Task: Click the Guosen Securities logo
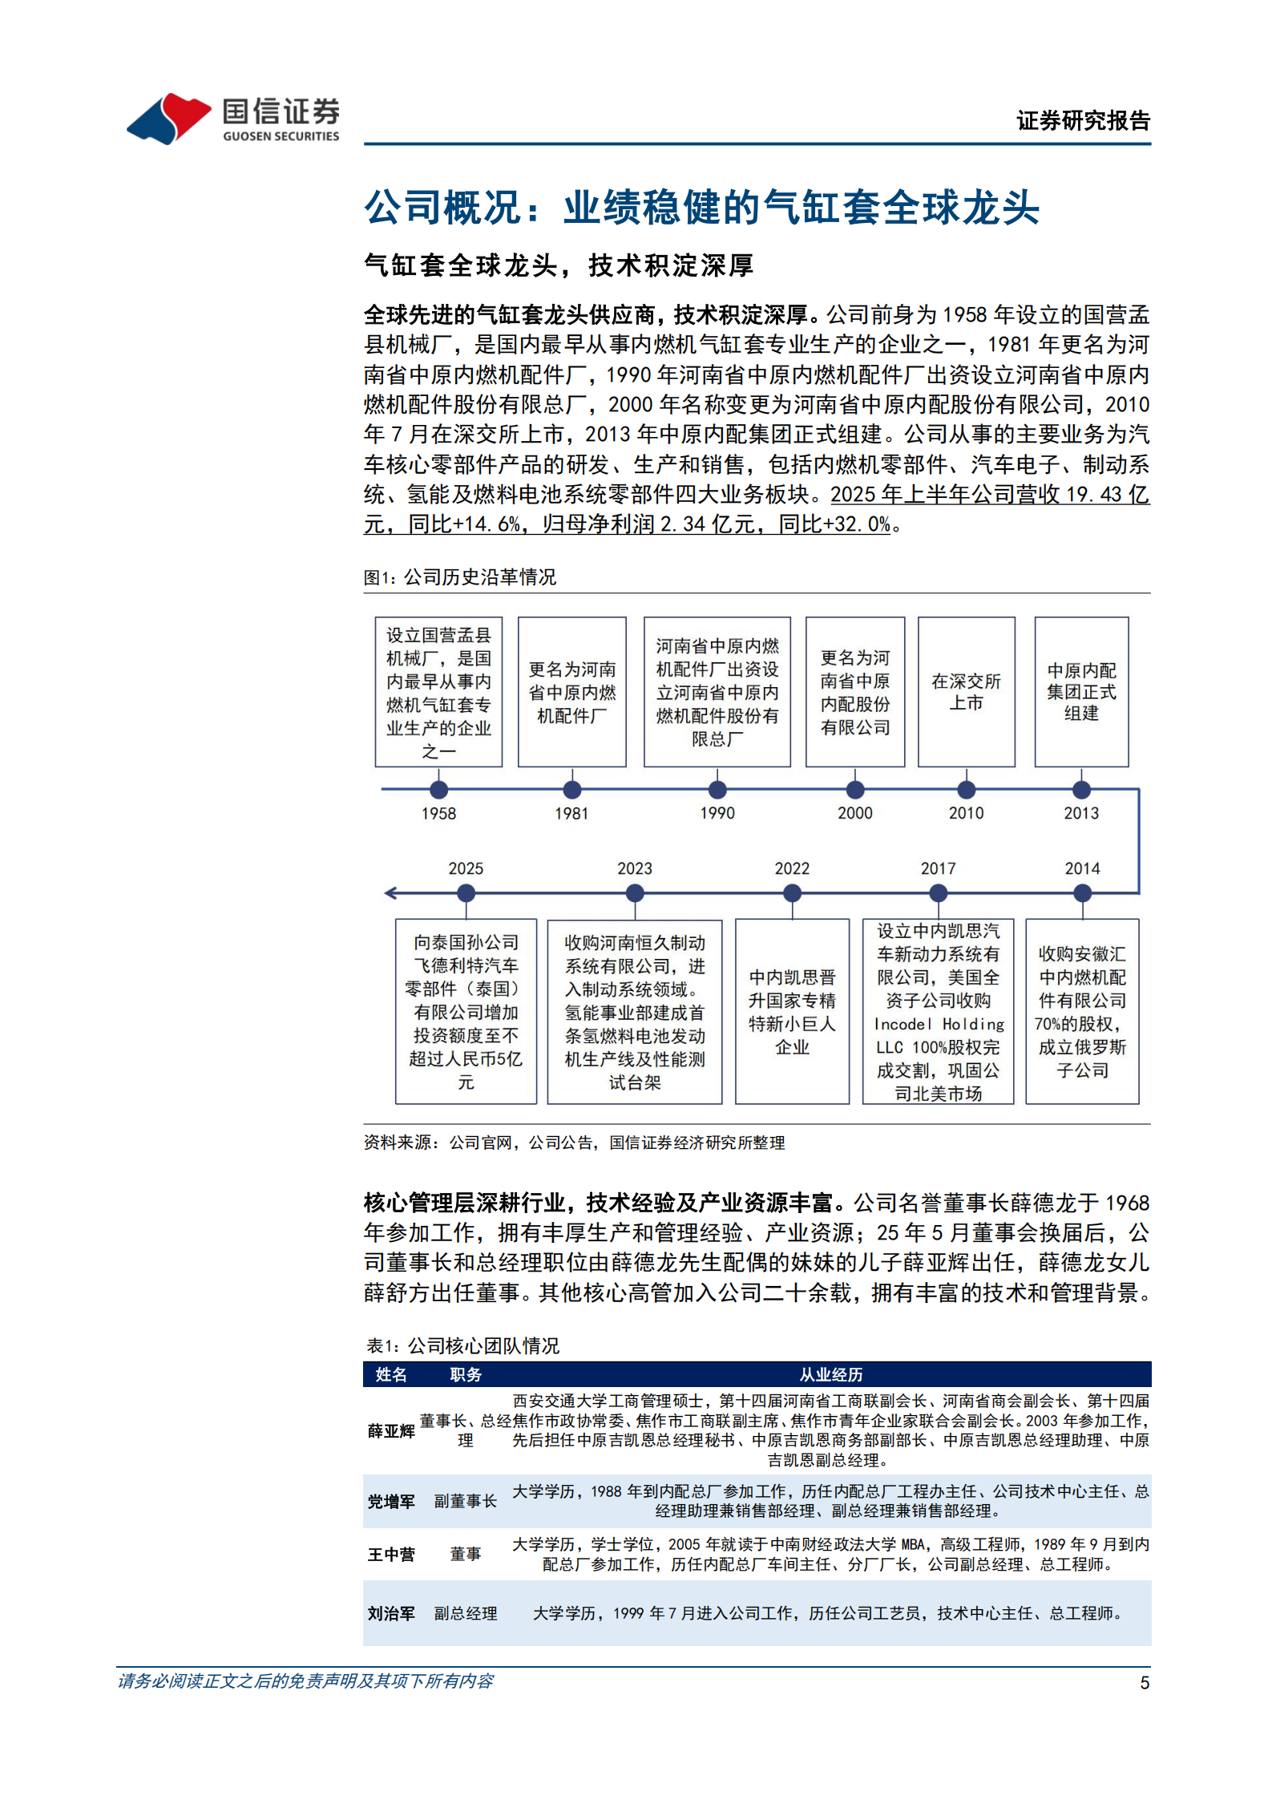pyautogui.click(x=232, y=119)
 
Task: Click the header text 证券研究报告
pyautogui.click(x=1083, y=121)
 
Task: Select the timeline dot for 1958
pyautogui.click(x=438, y=790)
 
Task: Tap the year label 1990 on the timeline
pyautogui.click(x=717, y=813)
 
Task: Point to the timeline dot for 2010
pyautogui.click(x=967, y=790)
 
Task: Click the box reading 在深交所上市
pyautogui.click(x=966, y=691)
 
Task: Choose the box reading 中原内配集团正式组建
pyautogui.click(x=1081, y=691)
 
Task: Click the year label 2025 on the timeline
pyautogui.click(x=466, y=868)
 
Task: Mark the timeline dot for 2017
pyautogui.click(x=938, y=893)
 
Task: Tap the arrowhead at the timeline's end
pyautogui.click(x=390, y=893)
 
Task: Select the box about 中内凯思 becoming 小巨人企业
pyautogui.click(x=792, y=1011)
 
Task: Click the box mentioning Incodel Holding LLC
pyautogui.click(x=938, y=1011)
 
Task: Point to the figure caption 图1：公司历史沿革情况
pyautogui.click(x=459, y=577)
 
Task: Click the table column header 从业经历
pyautogui.click(x=830, y=1374)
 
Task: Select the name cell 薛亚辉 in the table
pyautogui.click(x=391, y=1431)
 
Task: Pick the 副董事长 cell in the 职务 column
pyautogui.click(x=465, y=1501)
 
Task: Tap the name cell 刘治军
pyautogui.click(x=391, y=1613)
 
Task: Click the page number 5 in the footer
pyautogui.click(x=1145, y=1682)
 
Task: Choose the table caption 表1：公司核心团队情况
pyautogui.click(x=462, y=1345)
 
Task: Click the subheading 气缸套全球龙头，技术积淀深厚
pyautogui.click(x=559, y=265)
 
